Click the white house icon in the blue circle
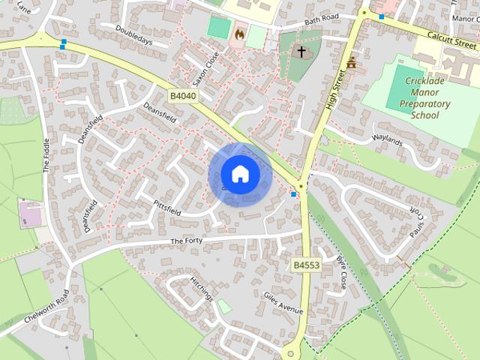[240, 175]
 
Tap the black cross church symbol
[301, 52]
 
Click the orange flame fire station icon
[239, 34]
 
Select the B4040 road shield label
[182, 96]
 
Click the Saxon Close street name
[212, 68]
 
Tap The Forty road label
[187, 240]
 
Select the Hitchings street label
[202, 288]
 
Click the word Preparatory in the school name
[425, 104]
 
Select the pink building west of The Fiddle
[31, 213]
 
